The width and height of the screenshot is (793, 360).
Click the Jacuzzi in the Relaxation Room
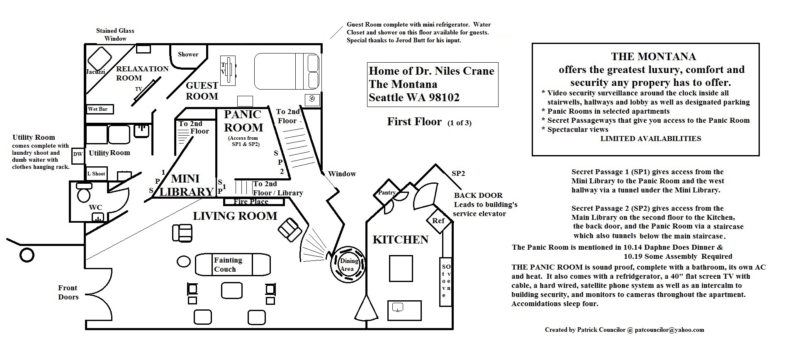[100, 58]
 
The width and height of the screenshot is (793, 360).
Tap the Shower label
[188, 54]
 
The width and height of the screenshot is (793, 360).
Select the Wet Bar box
[100, 109]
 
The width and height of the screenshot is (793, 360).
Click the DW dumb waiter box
[78, 154]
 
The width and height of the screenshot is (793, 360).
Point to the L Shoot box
[96, 174]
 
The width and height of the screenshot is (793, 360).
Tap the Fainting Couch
[233, 265]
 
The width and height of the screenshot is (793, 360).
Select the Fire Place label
[251, 202]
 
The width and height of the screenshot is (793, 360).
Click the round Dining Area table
[348, 265]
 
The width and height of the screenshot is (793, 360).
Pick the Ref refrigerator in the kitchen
[438, 221]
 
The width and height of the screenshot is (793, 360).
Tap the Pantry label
[387, 193]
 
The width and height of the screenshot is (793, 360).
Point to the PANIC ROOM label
[243, 121]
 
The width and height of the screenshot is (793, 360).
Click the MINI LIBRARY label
[186, 185]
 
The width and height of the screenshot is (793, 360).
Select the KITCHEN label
[400, 240]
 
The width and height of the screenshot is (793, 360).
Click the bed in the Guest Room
[287, 71]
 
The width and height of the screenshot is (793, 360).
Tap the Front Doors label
[68, 292]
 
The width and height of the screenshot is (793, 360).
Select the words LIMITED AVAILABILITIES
[651, 139]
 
